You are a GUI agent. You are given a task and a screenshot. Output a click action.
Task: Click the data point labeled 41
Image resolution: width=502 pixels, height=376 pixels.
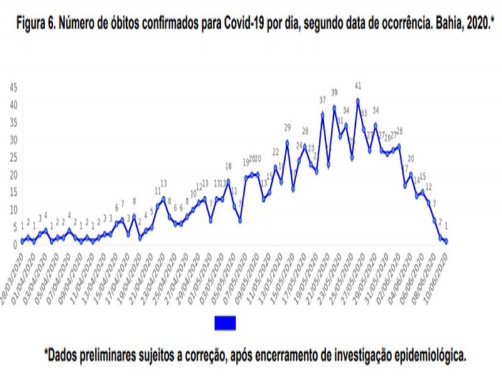pos(358,100)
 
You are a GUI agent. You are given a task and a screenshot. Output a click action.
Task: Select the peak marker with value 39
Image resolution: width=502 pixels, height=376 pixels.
pos(334,107)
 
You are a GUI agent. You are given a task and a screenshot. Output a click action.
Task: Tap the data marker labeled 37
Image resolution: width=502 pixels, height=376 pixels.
pos(323,115)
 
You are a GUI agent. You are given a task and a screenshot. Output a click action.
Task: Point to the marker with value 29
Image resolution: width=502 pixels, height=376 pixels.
pos(287,142)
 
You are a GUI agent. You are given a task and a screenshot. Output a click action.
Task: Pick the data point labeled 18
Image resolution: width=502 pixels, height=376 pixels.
pos(228,181)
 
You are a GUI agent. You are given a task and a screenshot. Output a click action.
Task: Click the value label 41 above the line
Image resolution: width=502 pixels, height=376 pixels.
pos(358,85)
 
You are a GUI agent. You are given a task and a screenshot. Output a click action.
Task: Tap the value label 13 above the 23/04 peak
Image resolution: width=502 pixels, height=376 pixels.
pos(163,183)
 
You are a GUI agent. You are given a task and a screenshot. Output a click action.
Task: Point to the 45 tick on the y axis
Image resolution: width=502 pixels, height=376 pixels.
pos(13,88)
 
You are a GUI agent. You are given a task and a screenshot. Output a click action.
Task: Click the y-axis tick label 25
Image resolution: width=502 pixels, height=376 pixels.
pos(13,157)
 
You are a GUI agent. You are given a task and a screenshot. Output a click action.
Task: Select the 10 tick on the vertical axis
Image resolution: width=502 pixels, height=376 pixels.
pos(13,210)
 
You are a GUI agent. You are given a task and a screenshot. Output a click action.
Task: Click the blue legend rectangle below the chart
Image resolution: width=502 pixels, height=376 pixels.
pos(225,323)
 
